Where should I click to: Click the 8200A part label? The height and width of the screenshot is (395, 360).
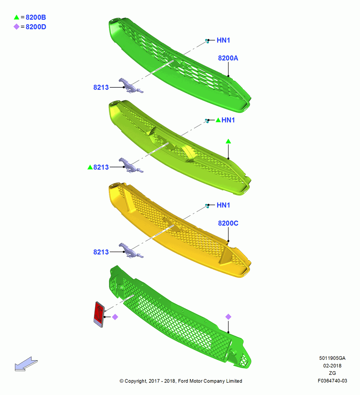228,58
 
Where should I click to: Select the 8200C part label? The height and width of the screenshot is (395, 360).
228,224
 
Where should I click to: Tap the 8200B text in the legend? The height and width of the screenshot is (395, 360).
36,17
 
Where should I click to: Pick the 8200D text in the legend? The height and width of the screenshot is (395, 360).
36,27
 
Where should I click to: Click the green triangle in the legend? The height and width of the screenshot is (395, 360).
17,17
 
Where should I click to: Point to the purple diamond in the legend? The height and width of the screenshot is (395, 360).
17,27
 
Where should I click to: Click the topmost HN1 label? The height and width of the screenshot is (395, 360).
223,40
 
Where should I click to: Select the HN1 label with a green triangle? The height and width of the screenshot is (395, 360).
228,120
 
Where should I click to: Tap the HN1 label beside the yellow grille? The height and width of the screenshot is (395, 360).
223,205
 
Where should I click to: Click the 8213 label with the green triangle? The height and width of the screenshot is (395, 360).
101,167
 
